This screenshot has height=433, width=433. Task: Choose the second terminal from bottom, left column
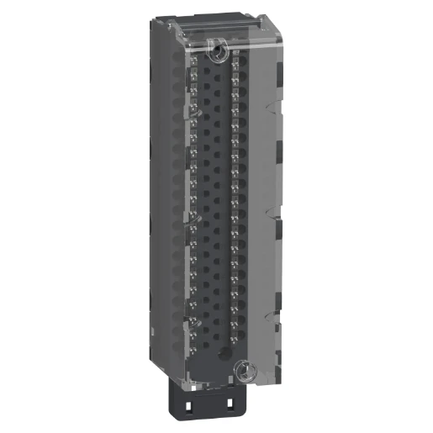click(x=195, y=329)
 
